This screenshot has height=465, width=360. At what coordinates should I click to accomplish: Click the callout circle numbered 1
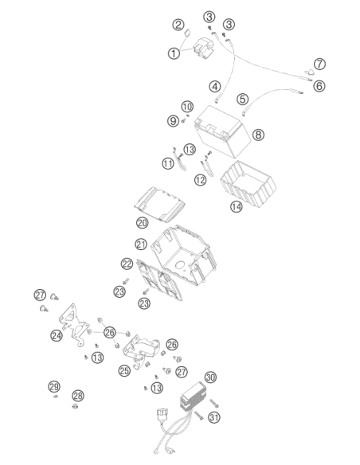tap(174, 53)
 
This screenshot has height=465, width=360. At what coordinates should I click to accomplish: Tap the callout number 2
tap(178, 25)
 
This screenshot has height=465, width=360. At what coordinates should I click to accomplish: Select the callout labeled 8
tap(258, 135)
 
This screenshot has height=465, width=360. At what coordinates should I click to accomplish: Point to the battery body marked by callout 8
tap(222, 131)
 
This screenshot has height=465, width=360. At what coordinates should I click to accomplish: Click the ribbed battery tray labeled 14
tap(248, 183)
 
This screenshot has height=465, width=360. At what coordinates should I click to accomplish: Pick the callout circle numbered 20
tap(143, 222)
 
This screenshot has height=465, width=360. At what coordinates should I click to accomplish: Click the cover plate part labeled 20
tap(159, 204)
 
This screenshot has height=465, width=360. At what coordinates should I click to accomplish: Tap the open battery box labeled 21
tap(183, 255)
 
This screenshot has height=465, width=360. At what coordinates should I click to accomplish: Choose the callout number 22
tap(127, 264)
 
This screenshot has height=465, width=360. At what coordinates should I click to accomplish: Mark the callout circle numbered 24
tap(57, 336)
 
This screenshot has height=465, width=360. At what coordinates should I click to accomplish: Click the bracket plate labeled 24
tap(73, 324)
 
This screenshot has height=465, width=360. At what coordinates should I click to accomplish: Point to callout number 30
tap(210, 377)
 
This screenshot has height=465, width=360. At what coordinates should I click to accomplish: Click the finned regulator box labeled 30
tap(194, 397)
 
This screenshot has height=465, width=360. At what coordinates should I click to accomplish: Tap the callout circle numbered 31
tap(214, 417)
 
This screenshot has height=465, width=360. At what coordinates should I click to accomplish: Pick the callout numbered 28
tap(78, 396)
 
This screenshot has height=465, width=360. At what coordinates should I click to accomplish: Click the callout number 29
tap(54, 387)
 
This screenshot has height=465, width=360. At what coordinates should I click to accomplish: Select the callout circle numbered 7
tap(319, 64)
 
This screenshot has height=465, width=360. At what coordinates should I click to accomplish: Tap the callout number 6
tap(319, 86)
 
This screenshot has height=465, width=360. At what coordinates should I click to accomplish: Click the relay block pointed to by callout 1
tap(203, 49)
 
